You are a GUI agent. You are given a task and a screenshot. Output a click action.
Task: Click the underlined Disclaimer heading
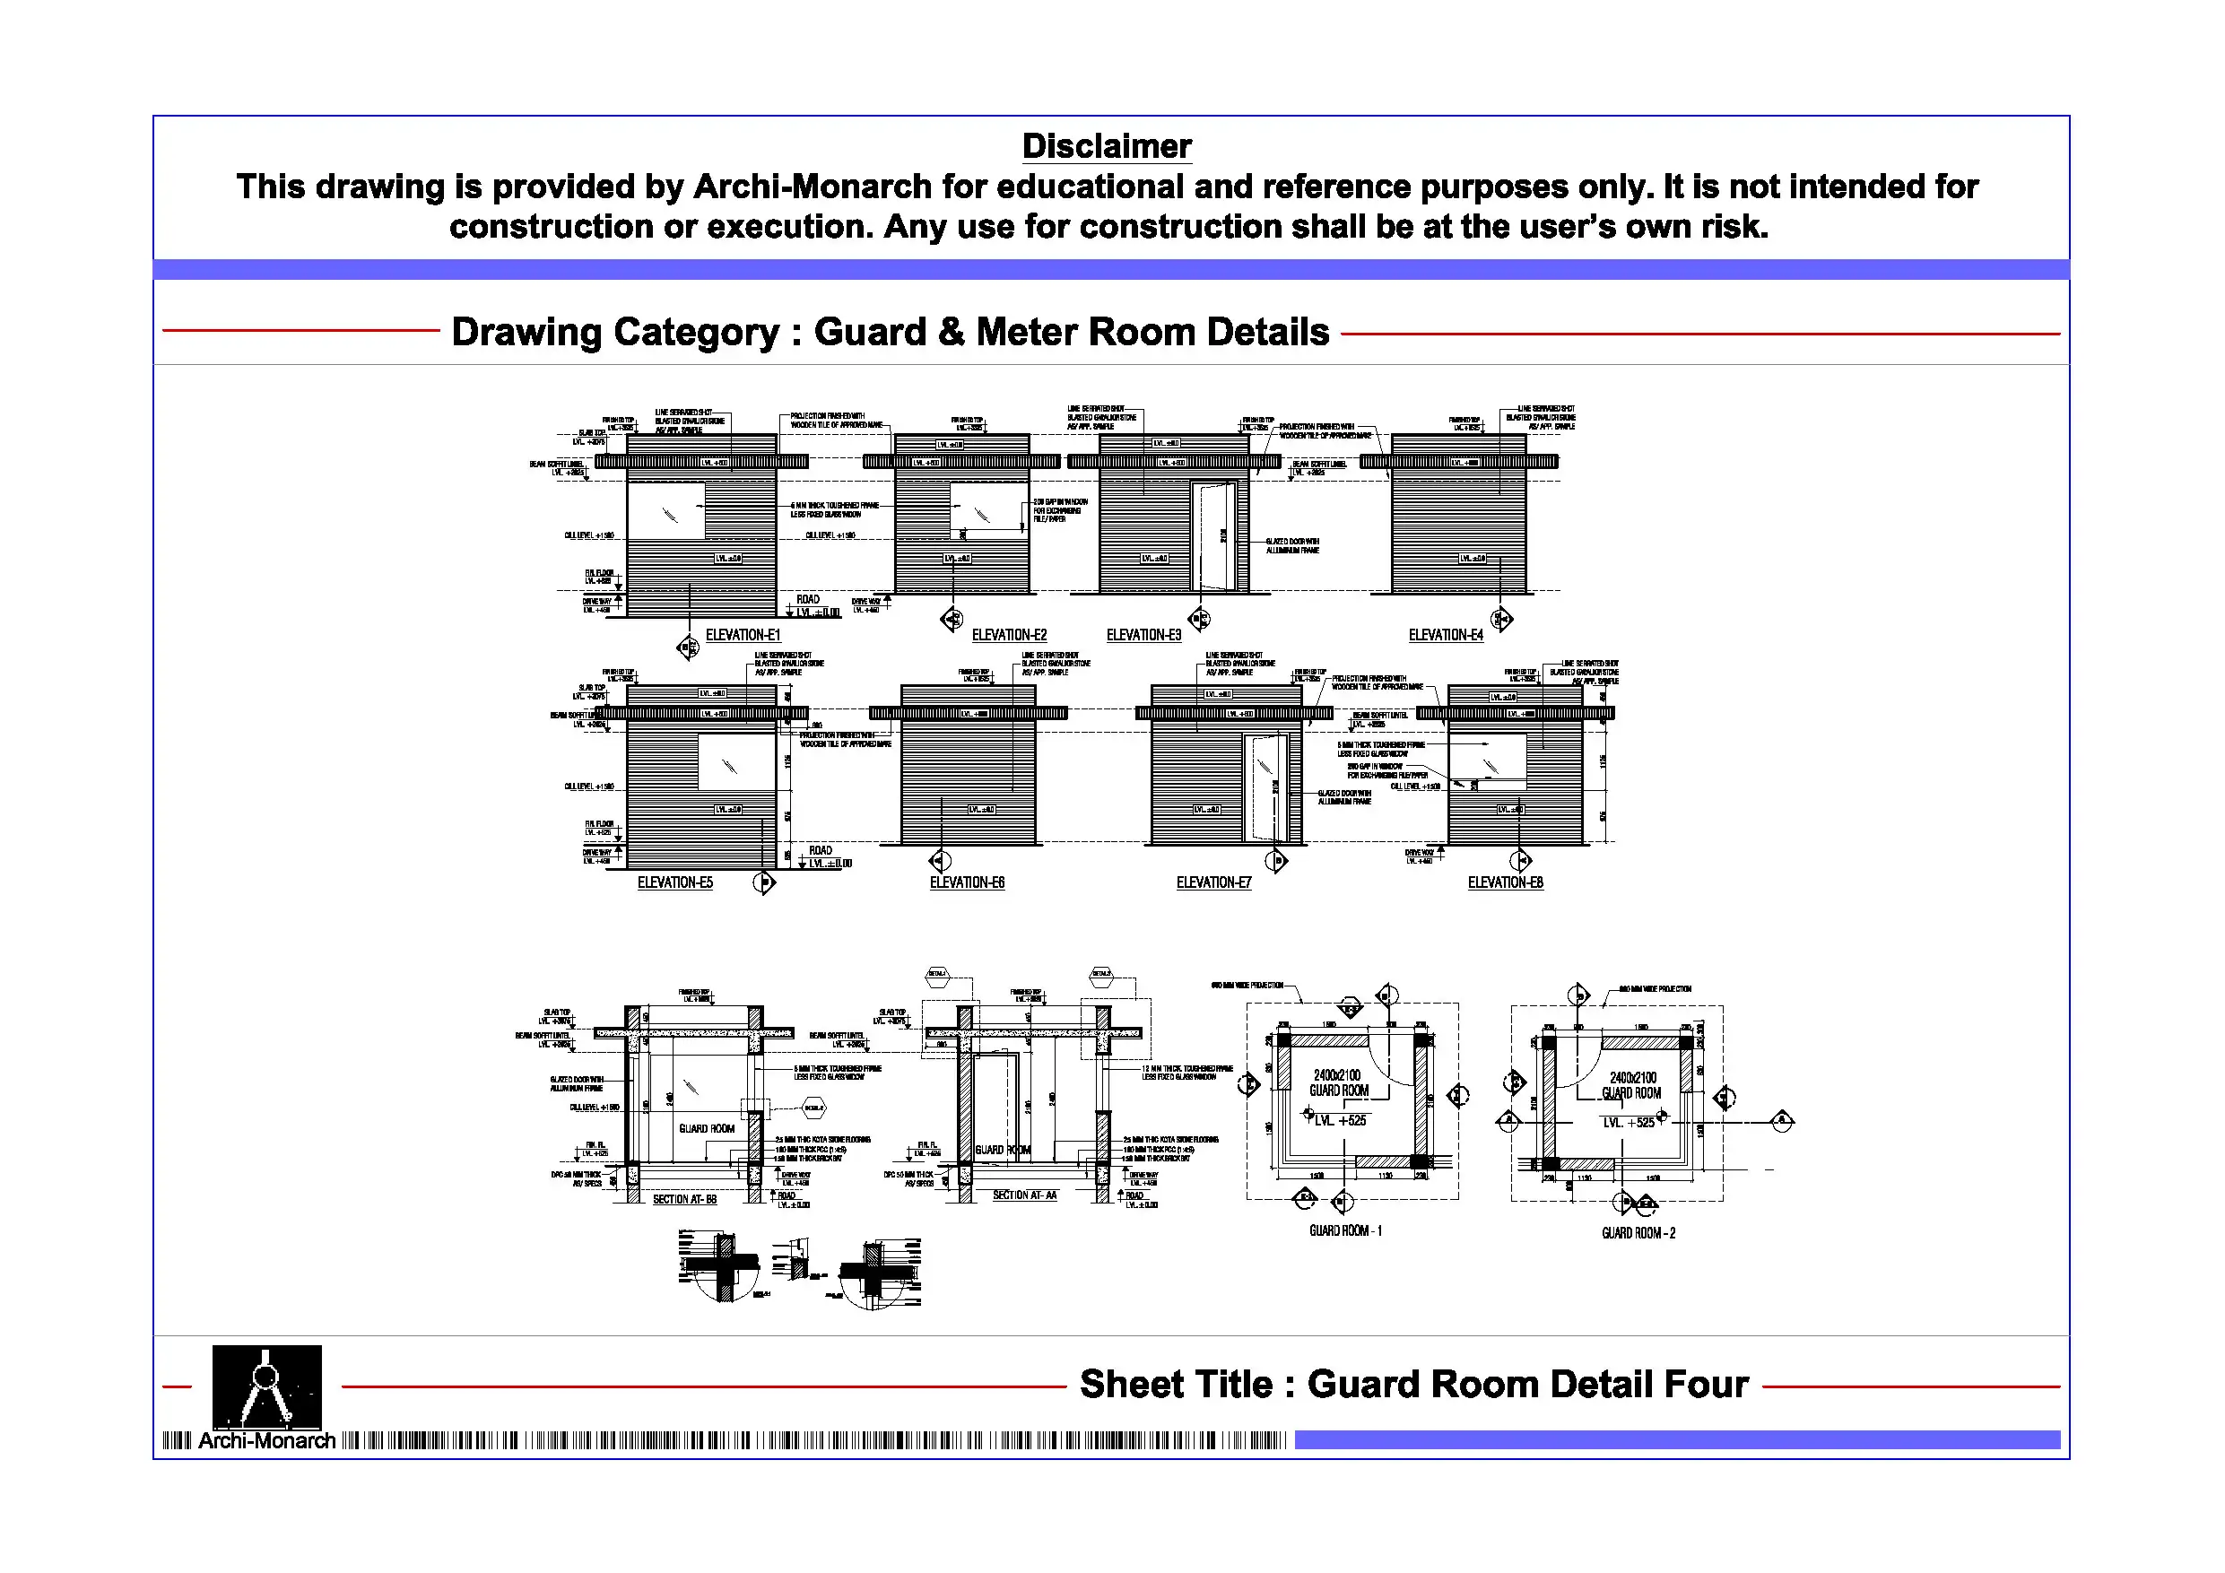tap(1107, 146)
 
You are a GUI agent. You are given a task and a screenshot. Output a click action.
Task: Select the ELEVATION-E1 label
tap(743, 635)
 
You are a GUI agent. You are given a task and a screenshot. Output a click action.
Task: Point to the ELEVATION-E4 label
tap(1445, 635)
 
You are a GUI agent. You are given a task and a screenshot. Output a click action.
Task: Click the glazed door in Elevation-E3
tap(1217, 535)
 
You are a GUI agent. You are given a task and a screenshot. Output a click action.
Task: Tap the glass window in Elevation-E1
tap(666, 512)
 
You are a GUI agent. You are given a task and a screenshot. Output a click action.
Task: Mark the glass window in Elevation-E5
tap(736, 763)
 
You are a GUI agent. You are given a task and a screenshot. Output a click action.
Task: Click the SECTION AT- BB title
tap(684, 1199)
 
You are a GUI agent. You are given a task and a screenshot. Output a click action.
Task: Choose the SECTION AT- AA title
tap(1024, 1195)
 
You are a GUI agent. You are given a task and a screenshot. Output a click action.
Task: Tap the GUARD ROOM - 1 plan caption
tap(1345, 1231)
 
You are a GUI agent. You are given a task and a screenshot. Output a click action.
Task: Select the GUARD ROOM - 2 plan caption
tap(1638, 1233)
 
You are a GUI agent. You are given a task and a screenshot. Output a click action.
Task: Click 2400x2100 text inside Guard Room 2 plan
tap(1633, 1078)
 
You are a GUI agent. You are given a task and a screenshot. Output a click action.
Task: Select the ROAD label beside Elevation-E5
tap(820, 850)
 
